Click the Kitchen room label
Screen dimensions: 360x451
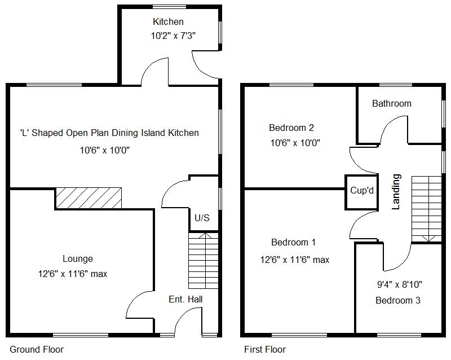(168, 22)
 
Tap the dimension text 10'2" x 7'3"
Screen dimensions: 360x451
(173, 36)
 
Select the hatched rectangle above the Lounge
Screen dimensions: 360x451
(89, 198)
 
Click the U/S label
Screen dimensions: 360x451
(202, 218)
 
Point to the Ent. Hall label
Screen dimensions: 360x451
(185, 299)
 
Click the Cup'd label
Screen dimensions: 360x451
(361, 190)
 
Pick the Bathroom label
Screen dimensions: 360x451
(391, 103)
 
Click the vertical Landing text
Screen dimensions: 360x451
(396, 192)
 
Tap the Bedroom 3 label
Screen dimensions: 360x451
(397, 300)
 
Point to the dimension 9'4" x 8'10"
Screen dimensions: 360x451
(399, 284)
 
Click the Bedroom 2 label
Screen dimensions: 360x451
(291, 128)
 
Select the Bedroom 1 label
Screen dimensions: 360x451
(293, 243)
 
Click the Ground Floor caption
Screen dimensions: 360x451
(37, 349)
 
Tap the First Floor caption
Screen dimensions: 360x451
(264, 349)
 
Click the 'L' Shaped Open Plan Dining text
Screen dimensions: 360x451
(109, 133)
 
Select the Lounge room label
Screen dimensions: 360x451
(77, 259)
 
